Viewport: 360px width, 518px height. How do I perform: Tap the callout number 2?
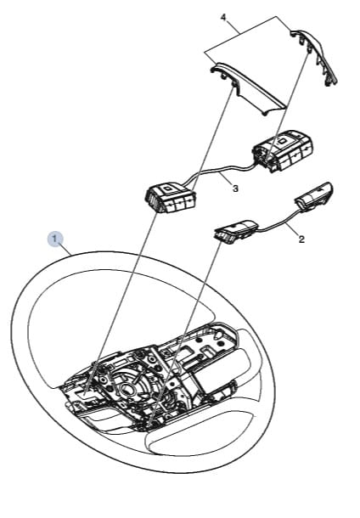click(301, 239)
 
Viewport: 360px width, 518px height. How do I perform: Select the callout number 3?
click(235, 189)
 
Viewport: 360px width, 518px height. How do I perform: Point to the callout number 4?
click(223, 17)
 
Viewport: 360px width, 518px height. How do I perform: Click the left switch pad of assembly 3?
click(170, 199)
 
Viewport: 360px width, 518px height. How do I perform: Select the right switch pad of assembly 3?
click(283, 151)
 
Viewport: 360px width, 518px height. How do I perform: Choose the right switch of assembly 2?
click(314, 196)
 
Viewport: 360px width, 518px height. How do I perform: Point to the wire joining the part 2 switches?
click(278, 221)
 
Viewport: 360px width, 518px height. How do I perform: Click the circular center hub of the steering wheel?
click(128, 389)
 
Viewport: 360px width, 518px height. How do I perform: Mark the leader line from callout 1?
click(66, 249)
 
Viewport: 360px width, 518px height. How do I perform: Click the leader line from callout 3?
click(226, 178)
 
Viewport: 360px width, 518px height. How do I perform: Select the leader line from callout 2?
click(291, 230)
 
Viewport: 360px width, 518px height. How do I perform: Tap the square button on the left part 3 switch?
click(167, 189)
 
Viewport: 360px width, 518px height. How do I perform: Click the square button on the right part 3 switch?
click(283, 141)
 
